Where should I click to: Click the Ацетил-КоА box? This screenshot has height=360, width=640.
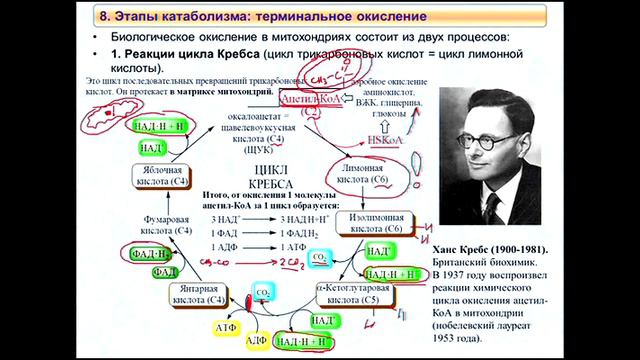[305, 101]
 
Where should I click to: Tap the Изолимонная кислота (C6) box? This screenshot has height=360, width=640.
[383, 221]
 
